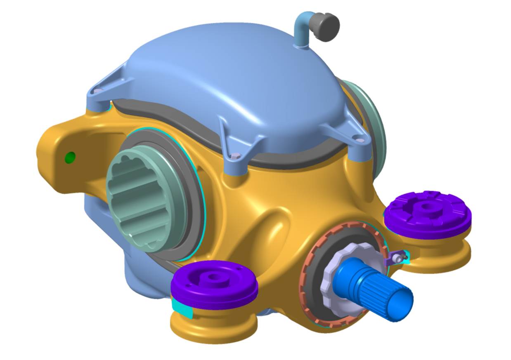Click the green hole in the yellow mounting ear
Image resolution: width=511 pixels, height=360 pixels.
coord(70,157)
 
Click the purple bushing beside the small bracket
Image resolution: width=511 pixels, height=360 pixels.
coord(428,214)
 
